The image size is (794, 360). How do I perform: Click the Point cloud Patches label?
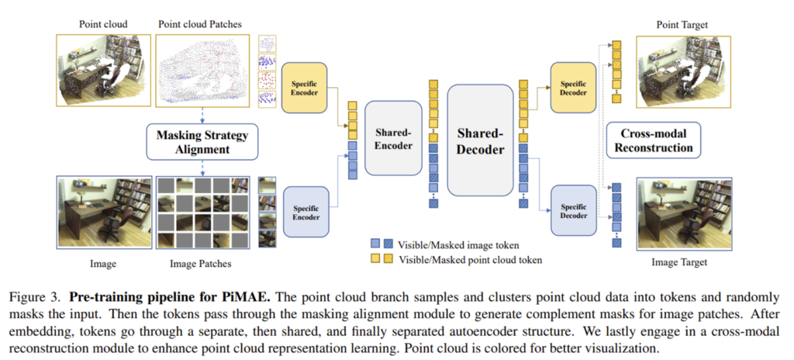pos(200,24)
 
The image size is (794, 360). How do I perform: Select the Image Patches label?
pos(200,264)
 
